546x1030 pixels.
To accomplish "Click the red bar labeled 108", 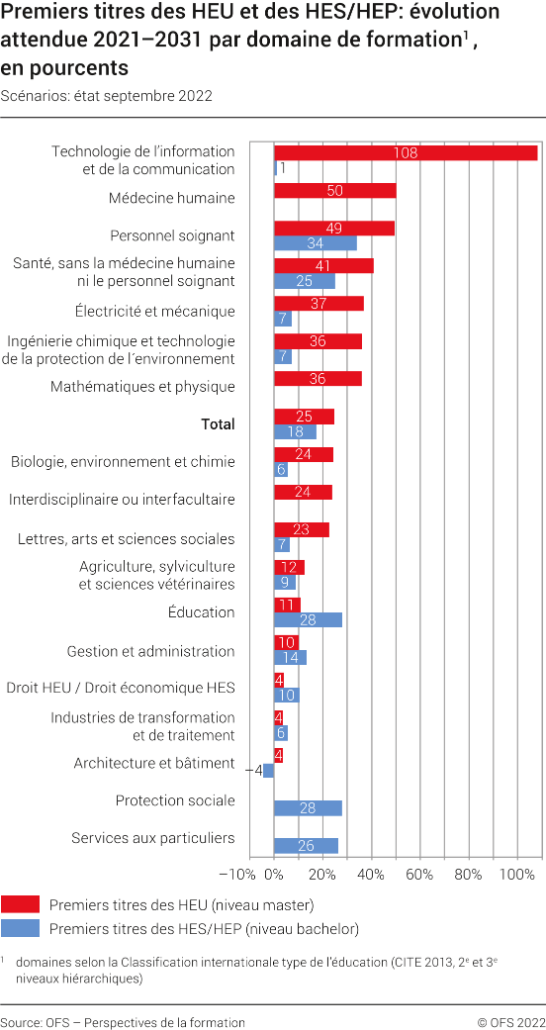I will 406,152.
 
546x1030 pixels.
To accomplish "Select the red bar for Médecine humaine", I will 334,190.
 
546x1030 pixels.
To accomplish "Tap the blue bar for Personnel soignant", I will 315,243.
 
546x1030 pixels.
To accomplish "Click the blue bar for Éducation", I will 308,619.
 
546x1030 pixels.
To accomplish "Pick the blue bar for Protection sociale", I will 308,808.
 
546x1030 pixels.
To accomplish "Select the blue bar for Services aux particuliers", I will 306,846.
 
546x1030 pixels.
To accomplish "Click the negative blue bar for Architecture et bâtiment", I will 268,771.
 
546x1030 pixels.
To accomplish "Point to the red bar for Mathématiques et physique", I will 318,378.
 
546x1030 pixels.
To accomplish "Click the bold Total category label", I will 218,424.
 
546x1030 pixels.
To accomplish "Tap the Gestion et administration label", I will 150,652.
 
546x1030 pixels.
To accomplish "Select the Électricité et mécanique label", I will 154,312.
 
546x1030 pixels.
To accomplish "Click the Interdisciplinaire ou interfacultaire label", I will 122,500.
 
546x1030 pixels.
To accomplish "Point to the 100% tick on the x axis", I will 516,875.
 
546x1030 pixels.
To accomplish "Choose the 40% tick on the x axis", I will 371,875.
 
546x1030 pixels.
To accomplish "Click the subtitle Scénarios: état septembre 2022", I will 107,96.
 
